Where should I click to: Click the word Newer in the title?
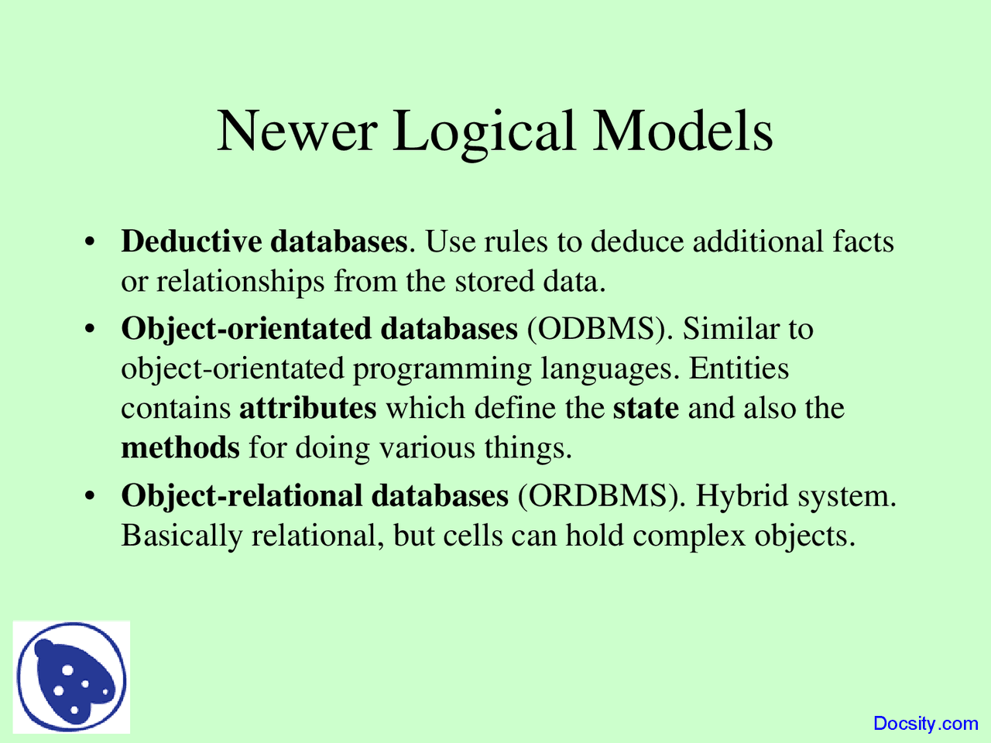coord(297,131)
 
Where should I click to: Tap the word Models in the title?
coord(683,131)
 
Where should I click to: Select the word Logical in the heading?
coord(484,135)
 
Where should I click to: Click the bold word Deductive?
coord(191,241)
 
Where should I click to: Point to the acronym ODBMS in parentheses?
coord(596,329)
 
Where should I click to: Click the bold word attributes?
coord(308,409)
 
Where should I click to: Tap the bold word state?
coord(646,409)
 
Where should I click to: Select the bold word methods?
coord(180,447)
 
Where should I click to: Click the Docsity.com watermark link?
coord(925,724)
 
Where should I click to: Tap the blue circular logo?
coord(71,677)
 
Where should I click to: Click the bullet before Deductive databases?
coord(90,242)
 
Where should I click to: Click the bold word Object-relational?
coord(242,497)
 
